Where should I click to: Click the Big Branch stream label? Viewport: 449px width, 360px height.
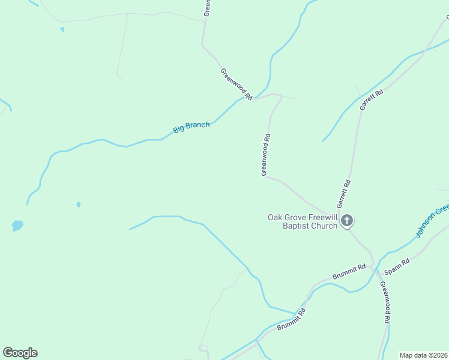tap(191, 127)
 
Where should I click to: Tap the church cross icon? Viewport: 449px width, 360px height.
tap(347, 221)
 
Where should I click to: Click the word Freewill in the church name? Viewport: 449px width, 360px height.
tap(319, 217)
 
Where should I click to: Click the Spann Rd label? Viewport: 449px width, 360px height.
tap(397, 266)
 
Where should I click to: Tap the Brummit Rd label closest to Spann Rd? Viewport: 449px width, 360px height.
tap(349, 272)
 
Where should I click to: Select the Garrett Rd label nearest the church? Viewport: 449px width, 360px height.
tap(346, 194)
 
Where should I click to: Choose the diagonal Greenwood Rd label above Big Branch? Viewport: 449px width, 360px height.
tap(236, 84)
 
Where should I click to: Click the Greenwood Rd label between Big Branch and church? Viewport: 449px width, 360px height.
tap(266, 155)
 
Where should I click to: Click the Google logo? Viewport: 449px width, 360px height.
tap(20, 353)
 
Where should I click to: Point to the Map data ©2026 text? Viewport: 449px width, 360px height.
tap(424, 355)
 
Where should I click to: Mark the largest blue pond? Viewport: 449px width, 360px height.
tap(17, 226)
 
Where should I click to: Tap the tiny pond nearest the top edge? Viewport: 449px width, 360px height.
tap(62, 29)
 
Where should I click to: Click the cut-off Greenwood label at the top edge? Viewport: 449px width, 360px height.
tap(206, 8)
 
